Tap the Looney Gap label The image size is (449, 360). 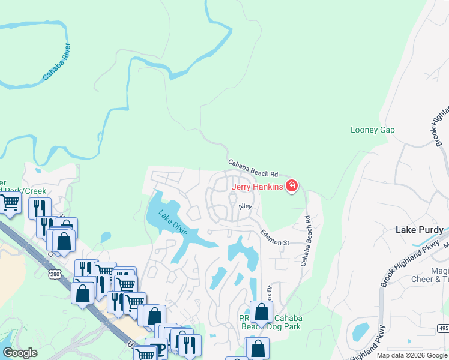372,130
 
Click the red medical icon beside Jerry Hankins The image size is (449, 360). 292,187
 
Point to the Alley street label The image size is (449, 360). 245,206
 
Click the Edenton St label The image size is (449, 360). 274,238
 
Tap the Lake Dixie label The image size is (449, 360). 173,223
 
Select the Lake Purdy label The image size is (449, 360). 419,230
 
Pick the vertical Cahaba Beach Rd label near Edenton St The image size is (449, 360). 307,242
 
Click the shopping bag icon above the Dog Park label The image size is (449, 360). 261,311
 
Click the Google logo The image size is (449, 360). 20,353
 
